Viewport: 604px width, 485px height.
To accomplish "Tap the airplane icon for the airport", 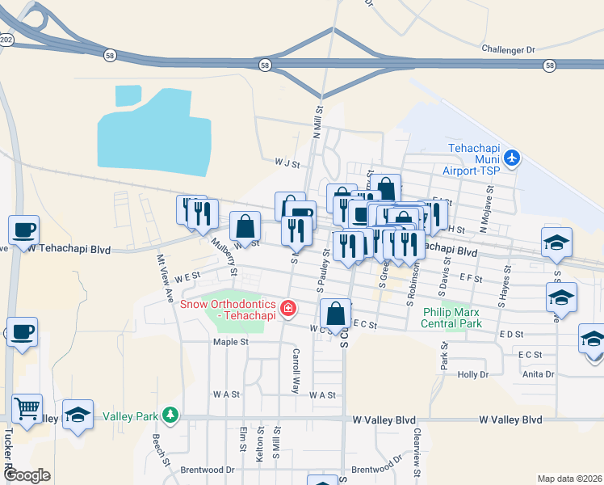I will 512,156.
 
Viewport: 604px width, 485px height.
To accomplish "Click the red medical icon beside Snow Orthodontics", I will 287,308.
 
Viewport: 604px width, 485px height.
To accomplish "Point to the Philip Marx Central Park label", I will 451,318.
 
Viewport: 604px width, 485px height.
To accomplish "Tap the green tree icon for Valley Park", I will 170,415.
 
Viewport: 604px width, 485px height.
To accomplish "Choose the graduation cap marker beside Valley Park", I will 78,415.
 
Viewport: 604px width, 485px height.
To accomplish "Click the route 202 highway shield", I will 5,39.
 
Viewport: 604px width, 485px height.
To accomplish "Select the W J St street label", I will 287,162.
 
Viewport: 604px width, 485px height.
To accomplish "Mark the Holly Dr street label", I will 473,375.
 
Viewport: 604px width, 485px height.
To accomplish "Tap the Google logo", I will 27,475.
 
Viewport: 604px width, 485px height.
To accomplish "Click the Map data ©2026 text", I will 568,478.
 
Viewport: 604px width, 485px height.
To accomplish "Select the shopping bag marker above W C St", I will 335,314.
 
